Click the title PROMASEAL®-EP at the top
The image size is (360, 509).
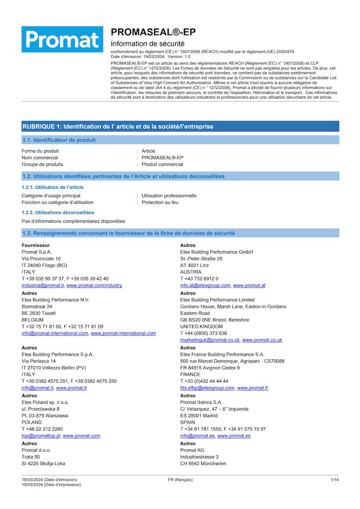(153, 32)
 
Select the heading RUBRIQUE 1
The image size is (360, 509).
(118, 126)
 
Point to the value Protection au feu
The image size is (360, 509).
(160, 202)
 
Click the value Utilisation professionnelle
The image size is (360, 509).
(169, 195)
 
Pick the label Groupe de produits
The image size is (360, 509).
(42, 164)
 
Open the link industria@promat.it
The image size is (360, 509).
(43, 286)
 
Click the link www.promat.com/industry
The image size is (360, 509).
(94, 286)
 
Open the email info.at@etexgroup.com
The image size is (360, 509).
(205, 286)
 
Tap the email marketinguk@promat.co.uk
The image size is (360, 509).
(210, 340)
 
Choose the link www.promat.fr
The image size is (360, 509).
(253, 388)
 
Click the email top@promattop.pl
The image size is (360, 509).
(41, 436)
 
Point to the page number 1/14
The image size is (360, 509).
(335, 479)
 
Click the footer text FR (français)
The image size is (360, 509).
(180, 479)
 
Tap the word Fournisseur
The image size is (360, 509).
(36, 245)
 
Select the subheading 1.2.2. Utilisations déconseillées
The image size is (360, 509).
(58, 212)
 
